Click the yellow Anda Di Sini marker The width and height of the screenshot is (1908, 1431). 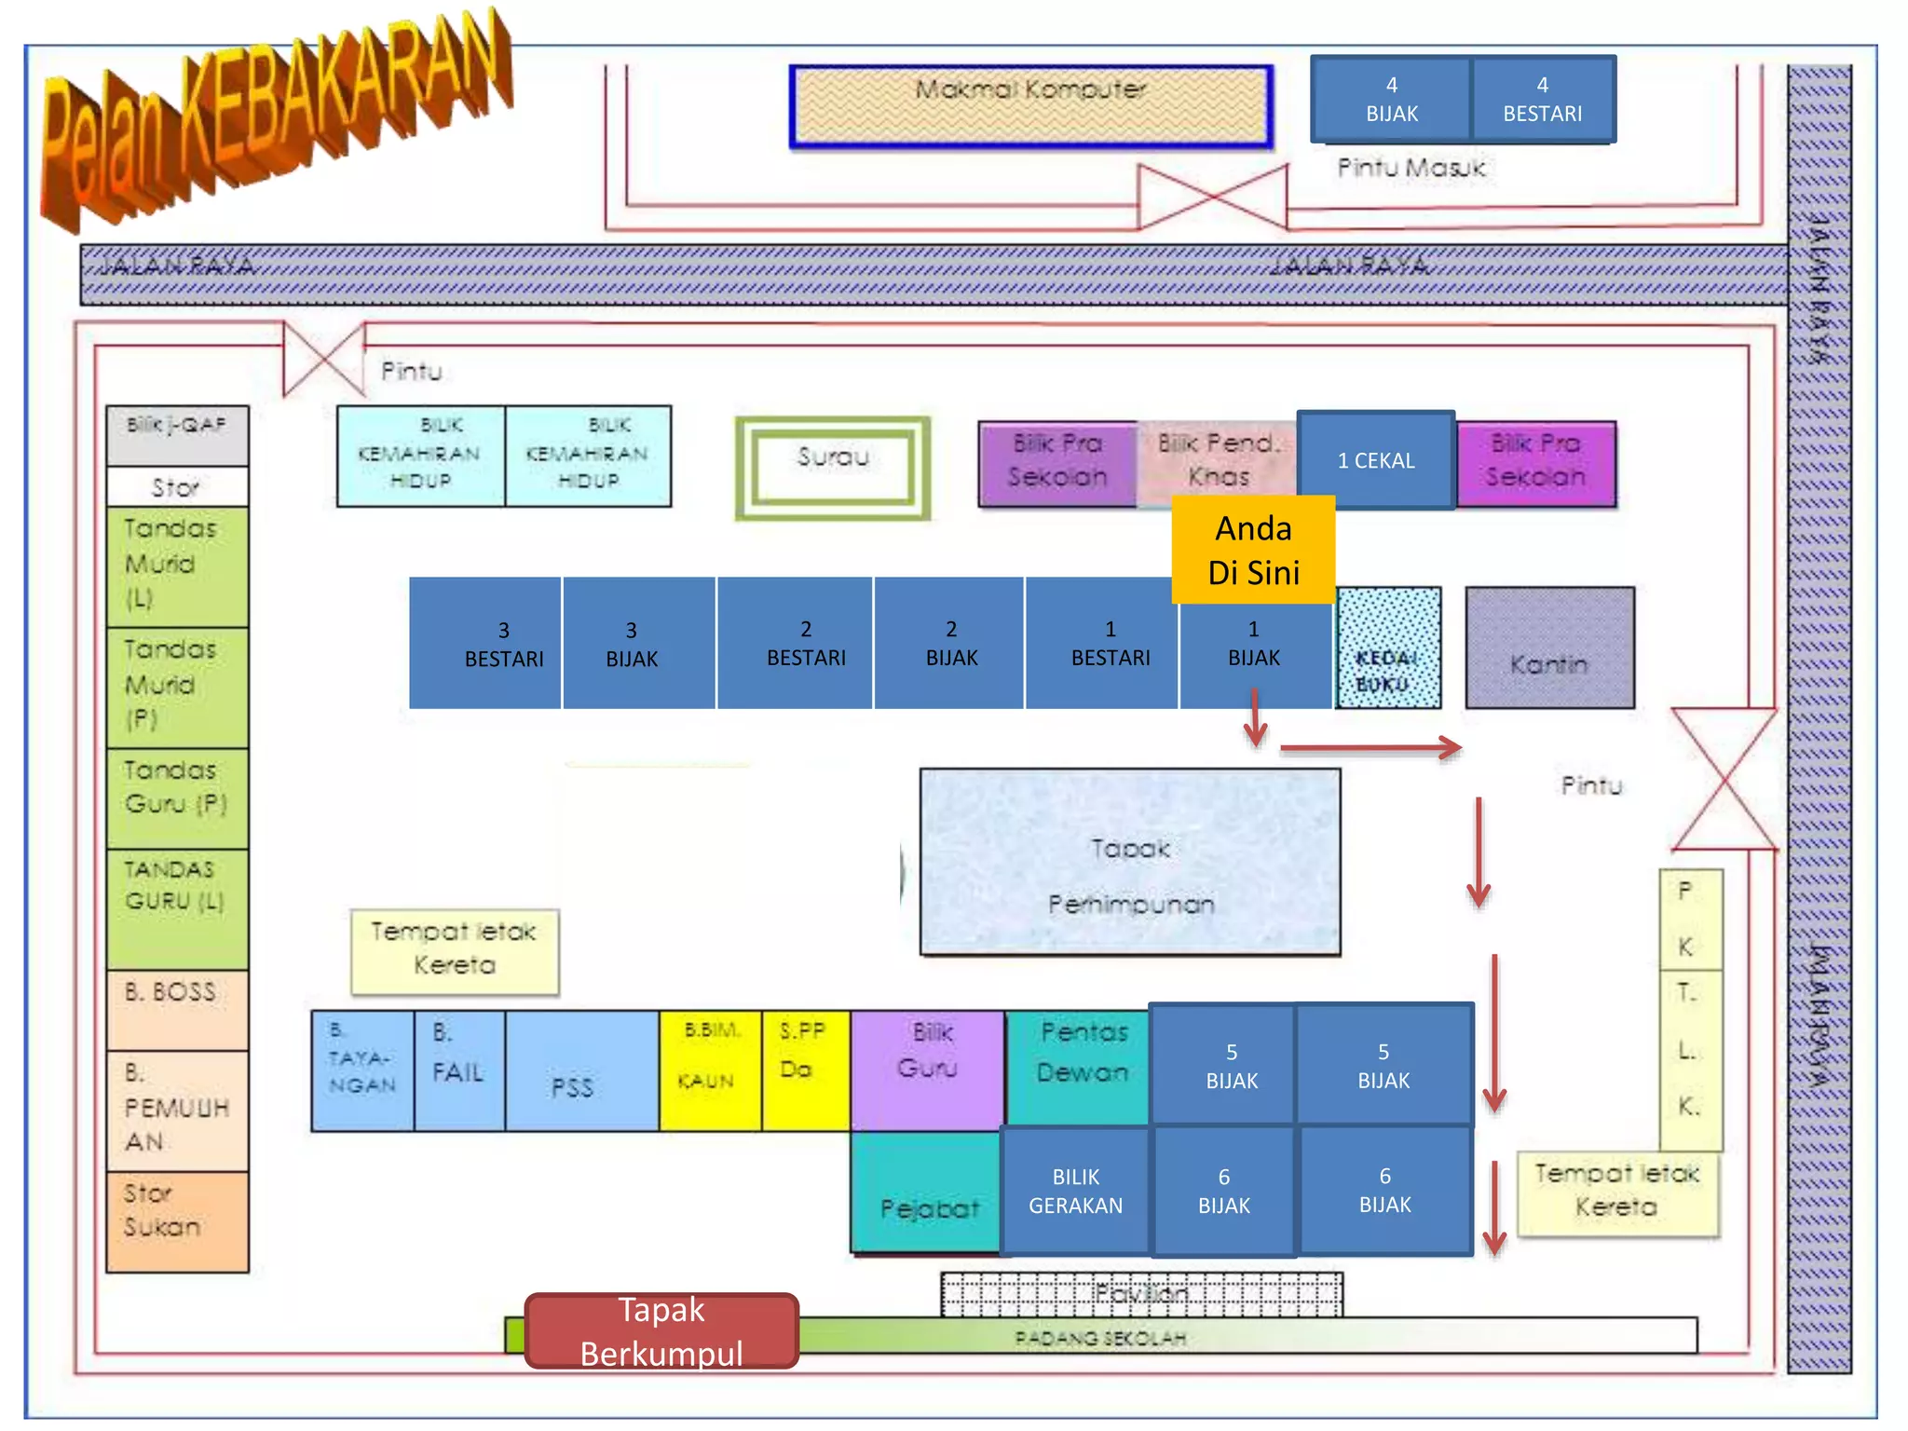1252,550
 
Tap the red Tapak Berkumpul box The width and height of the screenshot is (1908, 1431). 661,1330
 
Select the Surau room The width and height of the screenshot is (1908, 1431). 832,467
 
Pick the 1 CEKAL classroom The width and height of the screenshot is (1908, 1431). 1376,460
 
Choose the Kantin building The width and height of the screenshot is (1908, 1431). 1549,648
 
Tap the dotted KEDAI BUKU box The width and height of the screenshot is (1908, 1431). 1388,648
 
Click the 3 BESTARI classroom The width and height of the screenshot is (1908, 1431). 504,644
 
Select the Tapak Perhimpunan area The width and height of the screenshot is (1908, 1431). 1130,862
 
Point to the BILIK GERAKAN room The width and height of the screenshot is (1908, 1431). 1075,1191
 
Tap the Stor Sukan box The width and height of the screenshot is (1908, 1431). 177,1220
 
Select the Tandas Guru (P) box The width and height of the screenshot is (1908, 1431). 177,797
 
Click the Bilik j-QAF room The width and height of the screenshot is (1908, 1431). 177,435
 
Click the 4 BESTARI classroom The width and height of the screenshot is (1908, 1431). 1542,99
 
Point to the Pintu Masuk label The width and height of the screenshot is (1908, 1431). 1411,169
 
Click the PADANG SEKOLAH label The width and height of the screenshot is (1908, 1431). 1099,1338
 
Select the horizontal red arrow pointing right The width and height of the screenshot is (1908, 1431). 1370,747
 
